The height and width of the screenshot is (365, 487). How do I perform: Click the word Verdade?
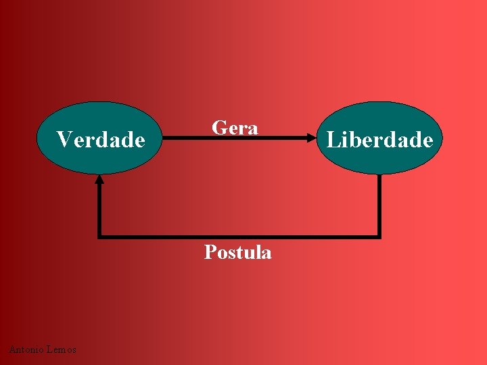tap(101, 139)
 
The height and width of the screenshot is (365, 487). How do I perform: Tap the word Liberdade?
tap(379, 139)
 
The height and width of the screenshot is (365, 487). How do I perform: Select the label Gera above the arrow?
tap(235, 128)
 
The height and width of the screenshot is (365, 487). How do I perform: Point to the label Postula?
tap(238, 252)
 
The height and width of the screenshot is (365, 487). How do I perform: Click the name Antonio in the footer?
tap(26, 349)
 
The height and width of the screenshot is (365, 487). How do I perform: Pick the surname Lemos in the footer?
tap(61, 349)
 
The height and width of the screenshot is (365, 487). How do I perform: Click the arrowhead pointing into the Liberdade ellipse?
tap(312, 138)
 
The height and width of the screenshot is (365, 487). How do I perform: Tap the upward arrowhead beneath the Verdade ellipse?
tap(99, 180)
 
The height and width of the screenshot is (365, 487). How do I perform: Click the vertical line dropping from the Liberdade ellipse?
tap(379, 203)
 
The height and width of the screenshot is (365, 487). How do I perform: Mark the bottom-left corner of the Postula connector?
tap(99, 236)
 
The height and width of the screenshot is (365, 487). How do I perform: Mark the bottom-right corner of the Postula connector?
tap(379, 236)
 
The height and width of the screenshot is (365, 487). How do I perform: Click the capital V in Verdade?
tap(63, 139)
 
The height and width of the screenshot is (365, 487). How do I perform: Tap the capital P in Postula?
tap(210, 252)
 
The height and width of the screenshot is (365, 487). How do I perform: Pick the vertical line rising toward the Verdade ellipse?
tap(99, 210)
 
